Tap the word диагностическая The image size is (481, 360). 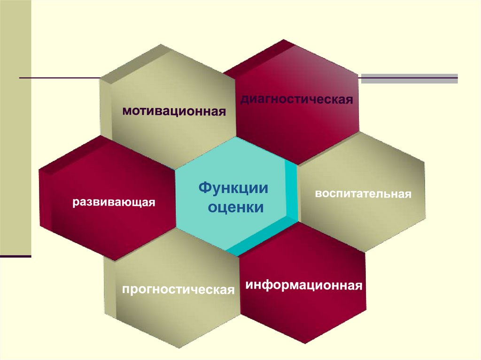297,100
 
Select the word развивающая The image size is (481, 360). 113,203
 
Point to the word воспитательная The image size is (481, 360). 363,193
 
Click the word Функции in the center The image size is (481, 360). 233,188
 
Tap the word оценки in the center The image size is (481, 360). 236,207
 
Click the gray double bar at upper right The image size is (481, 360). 409,78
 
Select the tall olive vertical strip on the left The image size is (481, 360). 16,131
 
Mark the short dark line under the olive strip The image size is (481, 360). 16,256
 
